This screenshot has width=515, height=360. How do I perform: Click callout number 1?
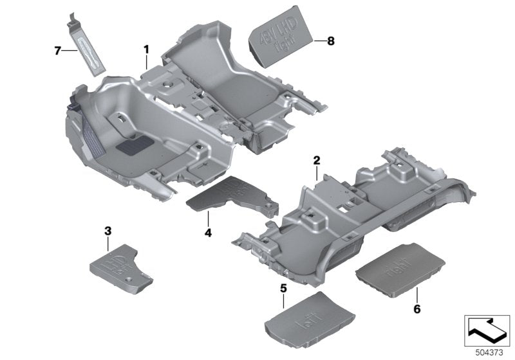tap(146, 49)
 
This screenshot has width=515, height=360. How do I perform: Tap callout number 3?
tap(108, 230)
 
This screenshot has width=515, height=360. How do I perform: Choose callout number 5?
tap(283, 288)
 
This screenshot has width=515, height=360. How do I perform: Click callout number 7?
tap(57, 50)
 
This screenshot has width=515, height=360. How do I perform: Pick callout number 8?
tap(331, 41)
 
